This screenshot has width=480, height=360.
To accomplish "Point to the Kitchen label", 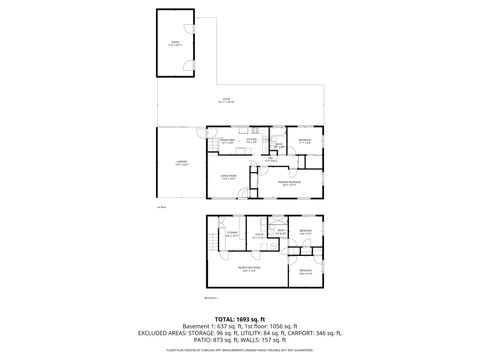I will (253, 140).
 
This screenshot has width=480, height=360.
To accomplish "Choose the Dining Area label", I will (227, 140).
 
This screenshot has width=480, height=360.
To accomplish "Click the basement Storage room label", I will (231, 235).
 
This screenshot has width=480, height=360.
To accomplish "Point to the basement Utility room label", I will (258, 236).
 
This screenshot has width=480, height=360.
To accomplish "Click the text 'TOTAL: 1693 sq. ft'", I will (240, 317).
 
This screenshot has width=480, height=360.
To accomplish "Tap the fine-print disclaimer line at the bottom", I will (240, 351).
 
